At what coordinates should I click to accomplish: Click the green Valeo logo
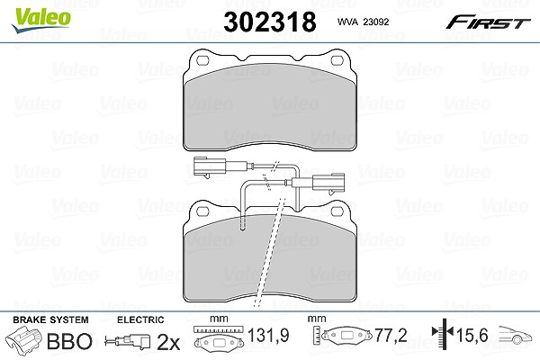[40, 20]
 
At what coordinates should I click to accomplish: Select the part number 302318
[270, 22]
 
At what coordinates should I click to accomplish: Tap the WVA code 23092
[363, 22]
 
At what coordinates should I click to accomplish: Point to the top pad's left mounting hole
[202, 60]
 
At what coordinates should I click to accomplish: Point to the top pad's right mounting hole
[337, 60]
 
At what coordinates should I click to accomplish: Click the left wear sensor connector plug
[210, 166]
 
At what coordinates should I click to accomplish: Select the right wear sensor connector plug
[328, 183]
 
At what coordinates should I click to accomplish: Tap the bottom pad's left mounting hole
[202, 211]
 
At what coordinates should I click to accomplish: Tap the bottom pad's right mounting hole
[337, 211]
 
